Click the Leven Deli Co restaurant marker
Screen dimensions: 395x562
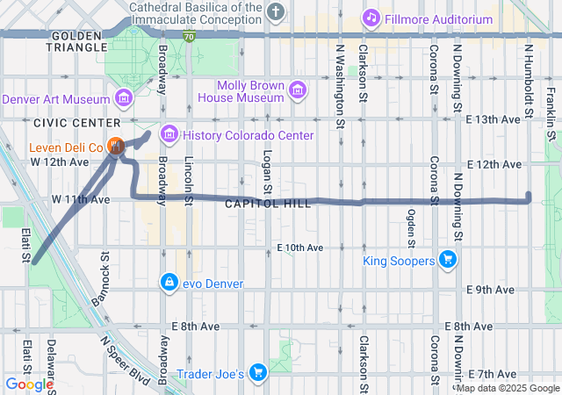[115, 146]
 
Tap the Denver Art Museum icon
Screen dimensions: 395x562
[123, 98]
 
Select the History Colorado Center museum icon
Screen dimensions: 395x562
[169, 135]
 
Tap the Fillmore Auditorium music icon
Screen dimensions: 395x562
[371, 18]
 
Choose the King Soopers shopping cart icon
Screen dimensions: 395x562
[447, 260]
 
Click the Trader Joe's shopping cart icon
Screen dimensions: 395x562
[257, 373]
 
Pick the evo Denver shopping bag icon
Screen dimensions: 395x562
[168, 282]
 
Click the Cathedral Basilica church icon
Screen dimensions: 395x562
[277, 11]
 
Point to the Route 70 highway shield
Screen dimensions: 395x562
[190, 36]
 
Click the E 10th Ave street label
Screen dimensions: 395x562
[299, 248]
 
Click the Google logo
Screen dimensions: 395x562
[29, 384]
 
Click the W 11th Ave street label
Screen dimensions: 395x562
[81, 199]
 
